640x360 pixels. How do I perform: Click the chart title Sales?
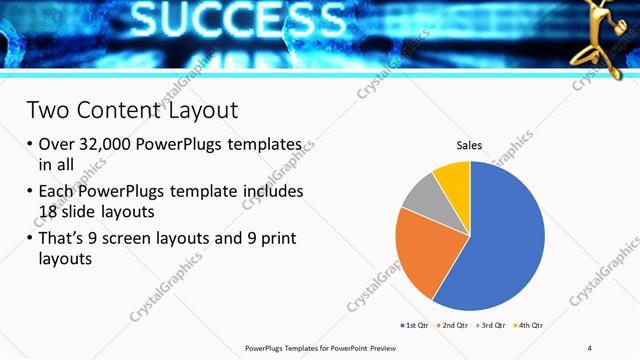click(x=469, y=146)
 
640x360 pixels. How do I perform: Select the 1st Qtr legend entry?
click(x=415, y=325)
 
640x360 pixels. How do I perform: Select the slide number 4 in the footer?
click(x=590, y=347)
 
